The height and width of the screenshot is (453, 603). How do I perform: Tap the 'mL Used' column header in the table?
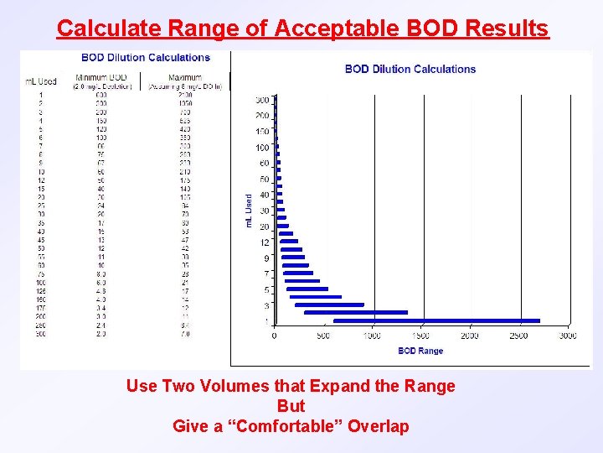tap(40, 81)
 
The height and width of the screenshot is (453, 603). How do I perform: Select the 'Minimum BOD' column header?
tap(101, 77)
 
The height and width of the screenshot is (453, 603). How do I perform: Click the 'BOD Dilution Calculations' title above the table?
tap(146, 58)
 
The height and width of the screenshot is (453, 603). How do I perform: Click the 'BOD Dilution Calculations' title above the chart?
tap(410, 69)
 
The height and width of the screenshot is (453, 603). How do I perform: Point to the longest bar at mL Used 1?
tap(436, 320)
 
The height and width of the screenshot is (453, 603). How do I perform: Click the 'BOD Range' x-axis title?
tap(420, 351)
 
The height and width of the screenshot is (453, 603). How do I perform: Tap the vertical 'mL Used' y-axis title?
tap(248, 211)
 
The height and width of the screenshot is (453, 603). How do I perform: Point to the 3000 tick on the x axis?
tap(568, 336)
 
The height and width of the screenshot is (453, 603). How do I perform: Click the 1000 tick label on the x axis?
tap(372, 336)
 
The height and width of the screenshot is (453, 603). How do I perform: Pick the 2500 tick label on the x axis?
tap(518, 336)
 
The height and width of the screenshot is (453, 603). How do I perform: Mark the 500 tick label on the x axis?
tap(323, 336)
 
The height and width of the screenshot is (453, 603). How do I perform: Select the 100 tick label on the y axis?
tap(263, 148)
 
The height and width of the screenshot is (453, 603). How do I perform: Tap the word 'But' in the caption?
tap(291, 406)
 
